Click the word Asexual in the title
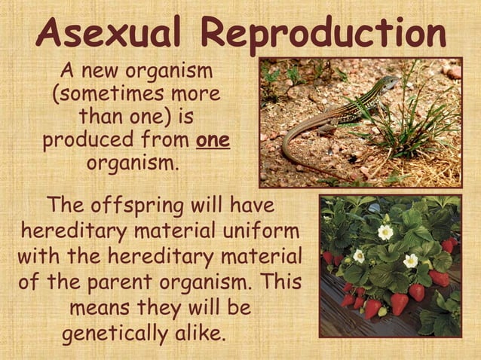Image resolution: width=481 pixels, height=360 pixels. [112, 33]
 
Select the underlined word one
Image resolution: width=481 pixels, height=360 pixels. [213, 141]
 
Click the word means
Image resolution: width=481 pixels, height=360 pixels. [99, 309]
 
